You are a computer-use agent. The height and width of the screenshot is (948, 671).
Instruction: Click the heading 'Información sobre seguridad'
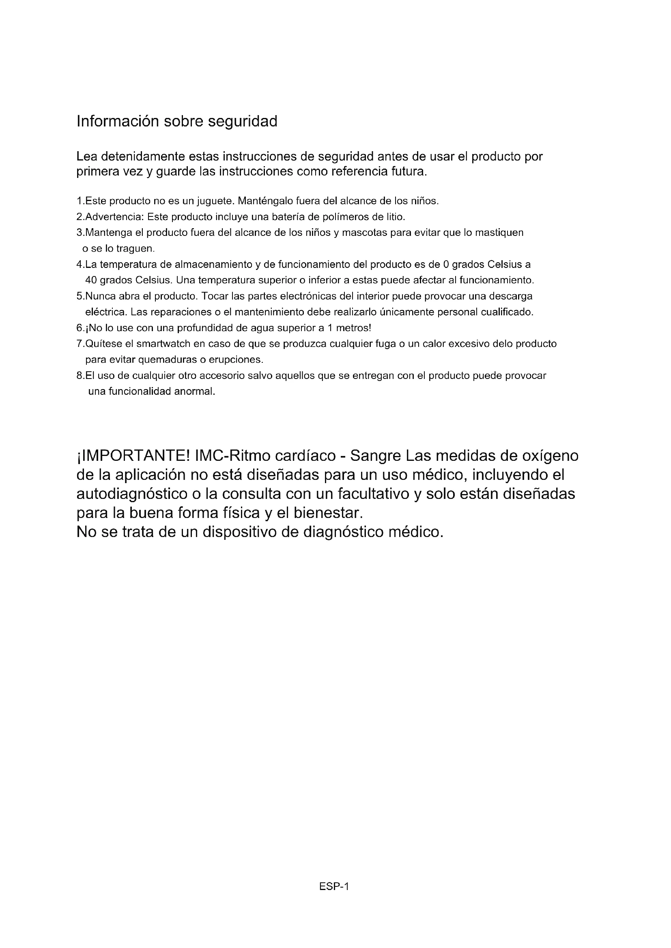tap(177, 122)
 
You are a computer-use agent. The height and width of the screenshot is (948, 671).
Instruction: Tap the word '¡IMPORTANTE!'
tap(133, 456)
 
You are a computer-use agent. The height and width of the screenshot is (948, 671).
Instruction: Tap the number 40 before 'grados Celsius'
tap(91, 280)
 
